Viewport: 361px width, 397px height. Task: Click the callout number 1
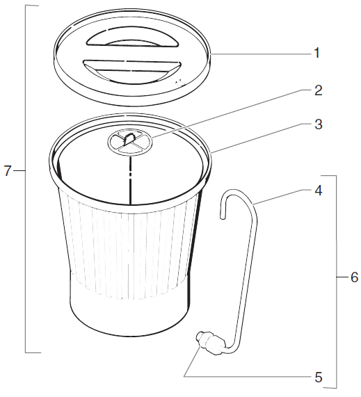click(316, 53)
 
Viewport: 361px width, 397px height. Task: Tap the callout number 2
click(319, 90)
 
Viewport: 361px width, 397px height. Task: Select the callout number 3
click(319, 124)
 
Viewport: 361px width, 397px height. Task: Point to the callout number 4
click(319, 191)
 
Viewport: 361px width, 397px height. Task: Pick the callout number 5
click(319, 378)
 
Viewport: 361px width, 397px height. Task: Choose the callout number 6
click(355, 277)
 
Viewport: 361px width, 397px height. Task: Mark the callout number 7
click(8, 171)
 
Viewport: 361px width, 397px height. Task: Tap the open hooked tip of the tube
click(223, 216)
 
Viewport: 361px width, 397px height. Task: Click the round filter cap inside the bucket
click(130, 141)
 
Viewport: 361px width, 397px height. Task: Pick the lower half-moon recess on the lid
click(132, 71)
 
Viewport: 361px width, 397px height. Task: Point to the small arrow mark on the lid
click(180, 81)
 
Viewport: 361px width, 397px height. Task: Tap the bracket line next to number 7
click(25, 179)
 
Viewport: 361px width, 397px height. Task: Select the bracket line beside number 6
click(337, 282)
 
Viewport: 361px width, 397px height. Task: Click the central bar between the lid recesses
click(131, 54)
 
